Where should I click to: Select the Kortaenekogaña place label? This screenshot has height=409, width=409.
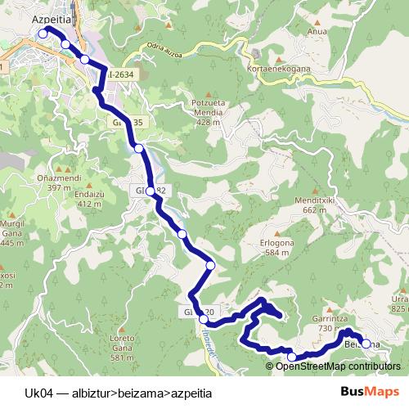point(278,70)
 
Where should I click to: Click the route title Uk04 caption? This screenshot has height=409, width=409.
point(118,393)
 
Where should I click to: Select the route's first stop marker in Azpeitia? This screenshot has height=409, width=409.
point(42,34)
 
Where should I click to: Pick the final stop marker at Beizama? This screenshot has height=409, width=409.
point(366,344)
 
